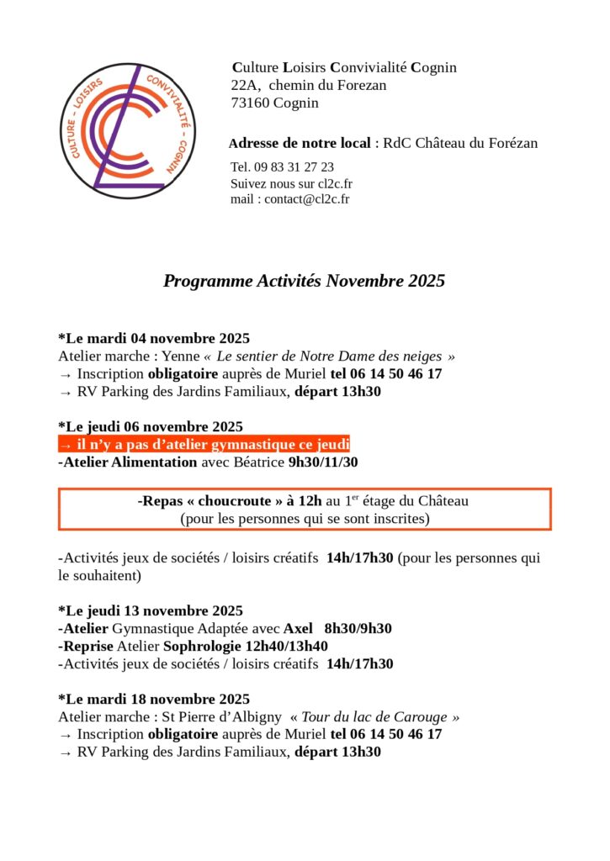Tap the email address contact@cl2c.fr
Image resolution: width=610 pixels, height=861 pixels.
307,199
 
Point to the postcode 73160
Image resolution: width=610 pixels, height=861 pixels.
249,103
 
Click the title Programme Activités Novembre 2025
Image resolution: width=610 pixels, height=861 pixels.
304,281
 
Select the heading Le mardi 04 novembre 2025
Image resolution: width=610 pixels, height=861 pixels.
154,339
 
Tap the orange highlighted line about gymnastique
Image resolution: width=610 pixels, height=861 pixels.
204,444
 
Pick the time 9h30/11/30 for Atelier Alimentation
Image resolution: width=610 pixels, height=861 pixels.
323,462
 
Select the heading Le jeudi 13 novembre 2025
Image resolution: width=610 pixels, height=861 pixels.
151,610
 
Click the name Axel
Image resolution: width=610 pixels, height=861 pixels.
298,628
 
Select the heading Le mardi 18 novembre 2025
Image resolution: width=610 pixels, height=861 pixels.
154,699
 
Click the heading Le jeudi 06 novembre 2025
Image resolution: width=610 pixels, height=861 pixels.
151,426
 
